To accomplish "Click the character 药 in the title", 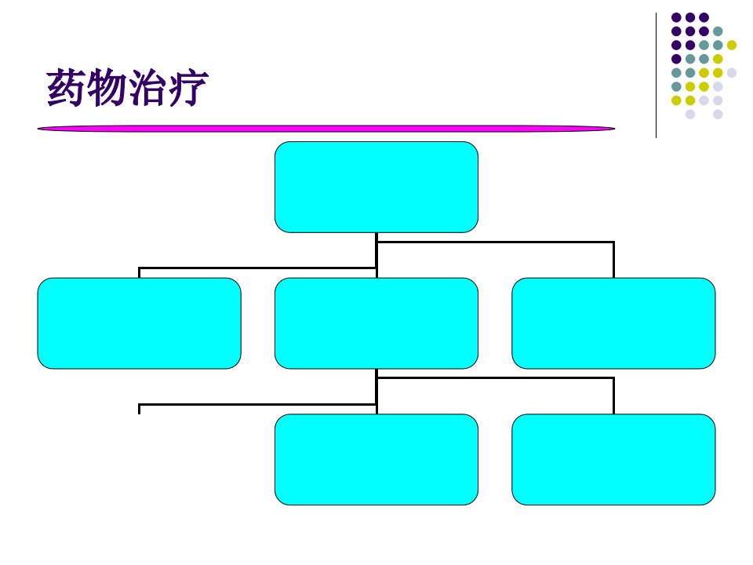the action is click(x=66, y=87).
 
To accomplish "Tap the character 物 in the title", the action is click(x=107, y=87).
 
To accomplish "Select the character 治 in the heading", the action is click(x=147, y=87).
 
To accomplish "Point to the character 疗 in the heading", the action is click(x=188, y=87).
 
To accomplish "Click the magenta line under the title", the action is click(x=326, y=128).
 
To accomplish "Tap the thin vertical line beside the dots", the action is click(x=656, y=75).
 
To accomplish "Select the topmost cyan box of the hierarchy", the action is click(x=376, y=187).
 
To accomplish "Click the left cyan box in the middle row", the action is click(x=140, y=323).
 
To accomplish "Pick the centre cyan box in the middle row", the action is click(x=376, y=323).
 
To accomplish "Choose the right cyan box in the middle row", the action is click(x=613, y=323).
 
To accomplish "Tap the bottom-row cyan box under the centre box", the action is click(x=376, y=459).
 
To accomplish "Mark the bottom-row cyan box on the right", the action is click(x=613, y=459).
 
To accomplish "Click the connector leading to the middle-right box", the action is click(x=495, y=242).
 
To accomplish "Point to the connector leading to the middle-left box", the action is click(x=257, y=268).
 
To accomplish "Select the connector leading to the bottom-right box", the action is click(x=495, y=378).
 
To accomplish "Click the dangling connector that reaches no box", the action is click(x=257, y=405).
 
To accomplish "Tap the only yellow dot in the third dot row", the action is click(x=731, y=46).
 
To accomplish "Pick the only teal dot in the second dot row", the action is click(x=718, y=31).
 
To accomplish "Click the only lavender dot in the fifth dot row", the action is click(x=731, y=72).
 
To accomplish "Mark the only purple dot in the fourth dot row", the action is click(x=676, y=59).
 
